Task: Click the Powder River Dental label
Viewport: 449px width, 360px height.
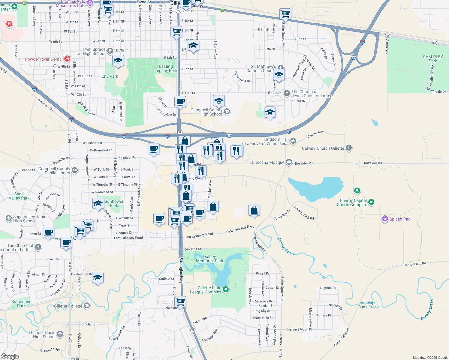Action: [x=44, y=59]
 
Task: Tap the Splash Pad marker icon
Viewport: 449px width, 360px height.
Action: [x=385, y=219]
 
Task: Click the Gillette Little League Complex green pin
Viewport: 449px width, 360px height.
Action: [x=226, y=289]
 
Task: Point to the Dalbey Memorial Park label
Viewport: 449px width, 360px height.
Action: [x=209, y=259]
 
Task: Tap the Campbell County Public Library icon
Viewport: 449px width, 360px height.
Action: [x=75, y=171]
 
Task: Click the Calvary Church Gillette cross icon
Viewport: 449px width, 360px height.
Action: [x=348, y=148]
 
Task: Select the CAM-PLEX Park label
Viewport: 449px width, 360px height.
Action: [x=433, y=59]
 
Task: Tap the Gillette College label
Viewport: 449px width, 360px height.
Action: [x=68, y=306]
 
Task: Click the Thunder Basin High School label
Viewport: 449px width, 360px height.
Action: [x=42, y=334]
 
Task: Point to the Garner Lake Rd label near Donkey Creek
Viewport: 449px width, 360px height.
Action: [x=414, y=264]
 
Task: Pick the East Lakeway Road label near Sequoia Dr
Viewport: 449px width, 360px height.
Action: [x=128, y=238]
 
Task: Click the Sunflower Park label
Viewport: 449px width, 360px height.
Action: [x=114, y=203]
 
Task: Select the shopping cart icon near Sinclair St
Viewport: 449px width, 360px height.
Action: [x=180, y=301]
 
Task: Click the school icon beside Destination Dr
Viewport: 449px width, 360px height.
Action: [x=98, y=277]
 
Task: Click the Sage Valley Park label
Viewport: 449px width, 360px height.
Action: [x=19, y=196]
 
